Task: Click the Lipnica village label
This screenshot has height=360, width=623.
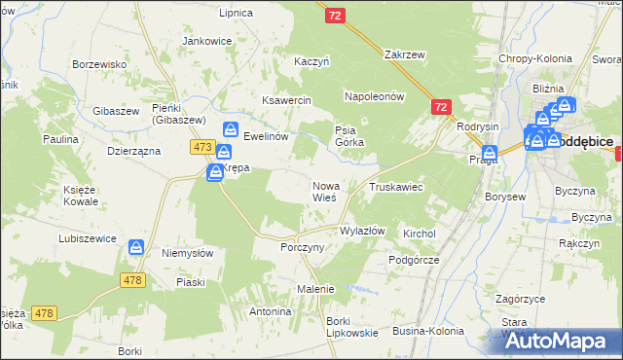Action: tap(237, 13)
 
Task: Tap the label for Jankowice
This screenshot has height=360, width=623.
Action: tap(206, 41)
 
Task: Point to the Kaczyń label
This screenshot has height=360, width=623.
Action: tap(312, 61)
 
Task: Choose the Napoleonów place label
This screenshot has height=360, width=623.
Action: tap(374, 96)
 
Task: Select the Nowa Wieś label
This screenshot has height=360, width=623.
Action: tap(324, 191)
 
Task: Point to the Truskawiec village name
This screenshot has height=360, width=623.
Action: tap(395, 186)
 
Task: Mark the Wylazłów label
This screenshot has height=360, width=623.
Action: tap(362, 231)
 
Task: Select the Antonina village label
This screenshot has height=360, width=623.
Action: tap(270, 311)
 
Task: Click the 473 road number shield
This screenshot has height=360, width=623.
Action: tap(202, 147)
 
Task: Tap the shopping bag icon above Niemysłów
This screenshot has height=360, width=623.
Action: tap(136, 249)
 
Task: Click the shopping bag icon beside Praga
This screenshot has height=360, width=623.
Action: tap(490, 153)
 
